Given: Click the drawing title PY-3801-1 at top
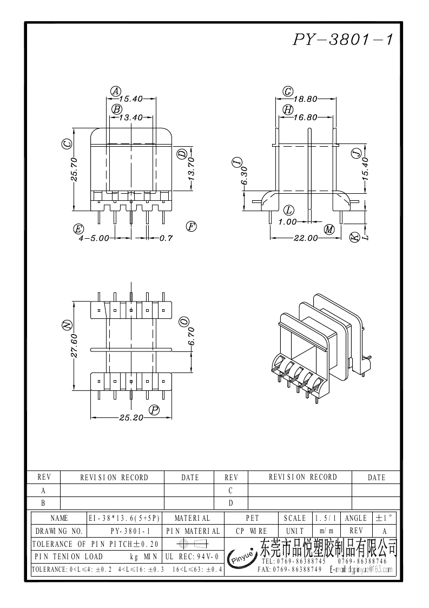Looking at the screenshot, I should pos(342,40).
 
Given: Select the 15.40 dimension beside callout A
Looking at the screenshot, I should pos(130,99).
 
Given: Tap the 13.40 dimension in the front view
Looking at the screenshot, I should pos(130,117).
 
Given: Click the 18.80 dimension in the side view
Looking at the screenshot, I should pos(306,99).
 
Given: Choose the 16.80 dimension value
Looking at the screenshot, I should pos(306,117).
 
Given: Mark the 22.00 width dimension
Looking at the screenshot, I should pos(306,238).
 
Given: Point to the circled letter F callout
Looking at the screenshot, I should pos(191,226).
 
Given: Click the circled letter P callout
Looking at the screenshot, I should pos(155,410).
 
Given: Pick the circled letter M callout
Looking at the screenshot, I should pos(329,230).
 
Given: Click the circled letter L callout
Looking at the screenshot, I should pos(289,210).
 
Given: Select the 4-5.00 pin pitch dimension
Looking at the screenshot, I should pos(94,238).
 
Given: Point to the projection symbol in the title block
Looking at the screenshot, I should pos(192,544).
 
